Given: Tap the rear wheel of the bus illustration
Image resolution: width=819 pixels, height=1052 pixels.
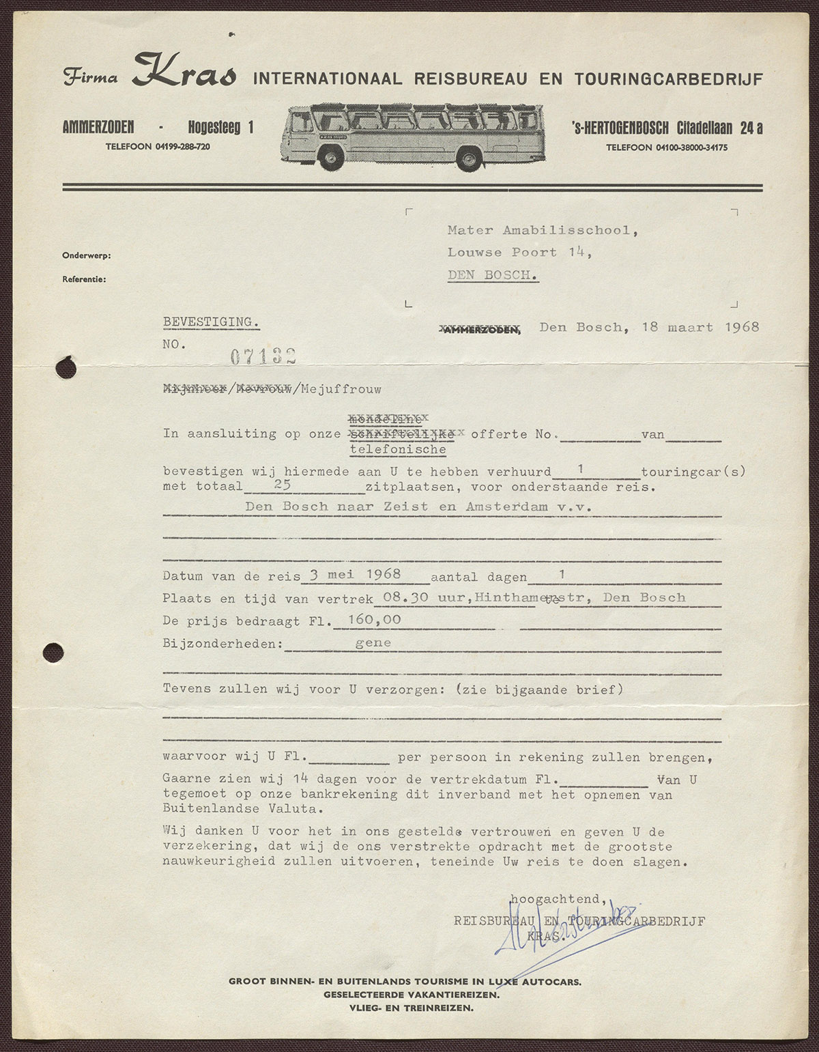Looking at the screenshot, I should point(470,159).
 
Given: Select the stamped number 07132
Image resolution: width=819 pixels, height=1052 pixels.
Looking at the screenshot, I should point(263,356).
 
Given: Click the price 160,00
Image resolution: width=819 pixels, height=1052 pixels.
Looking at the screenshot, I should point(374,620).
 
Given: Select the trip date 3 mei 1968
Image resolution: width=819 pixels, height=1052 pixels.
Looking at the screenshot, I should point(355,574).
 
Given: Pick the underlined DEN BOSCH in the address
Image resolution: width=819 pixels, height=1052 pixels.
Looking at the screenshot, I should point(493,274).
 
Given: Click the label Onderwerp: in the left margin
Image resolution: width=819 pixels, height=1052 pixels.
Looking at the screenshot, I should point(87,255).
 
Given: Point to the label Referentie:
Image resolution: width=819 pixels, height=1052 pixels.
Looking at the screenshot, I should point(85,279).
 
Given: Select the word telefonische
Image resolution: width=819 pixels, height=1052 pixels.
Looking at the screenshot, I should point(398,449).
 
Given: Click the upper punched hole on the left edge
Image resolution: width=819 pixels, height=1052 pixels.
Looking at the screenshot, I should point(67,368).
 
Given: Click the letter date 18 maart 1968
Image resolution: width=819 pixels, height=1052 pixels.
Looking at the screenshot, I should point(700,327).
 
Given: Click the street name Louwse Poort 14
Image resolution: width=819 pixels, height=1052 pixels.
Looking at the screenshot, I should point(519,252).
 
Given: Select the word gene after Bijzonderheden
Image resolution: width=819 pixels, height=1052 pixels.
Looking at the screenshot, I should point(373,642).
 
